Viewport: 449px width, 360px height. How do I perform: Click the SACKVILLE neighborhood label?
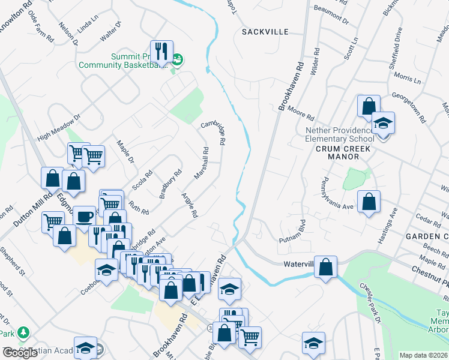[265, 32]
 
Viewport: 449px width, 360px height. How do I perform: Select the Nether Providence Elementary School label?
[340, 134]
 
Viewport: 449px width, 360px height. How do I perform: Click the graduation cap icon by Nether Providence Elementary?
[383, 124]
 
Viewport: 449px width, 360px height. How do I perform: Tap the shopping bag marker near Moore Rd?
[369, 106]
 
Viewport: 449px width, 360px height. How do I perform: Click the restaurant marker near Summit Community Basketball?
[161, 52]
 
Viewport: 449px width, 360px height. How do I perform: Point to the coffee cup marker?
[85, 216]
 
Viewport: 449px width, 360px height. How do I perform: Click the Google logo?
[21, 353]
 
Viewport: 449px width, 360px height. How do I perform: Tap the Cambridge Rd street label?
[213, 134]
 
